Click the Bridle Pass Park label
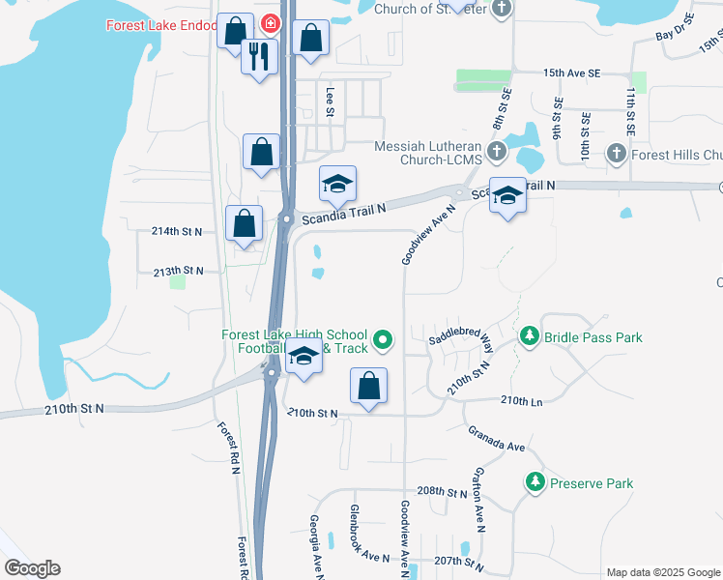(593, 337)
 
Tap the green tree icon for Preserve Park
(535, 481)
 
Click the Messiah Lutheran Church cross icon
(496, 152)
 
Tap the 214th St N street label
(177, 231)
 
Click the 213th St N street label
(178, 272)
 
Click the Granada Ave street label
(496, 440)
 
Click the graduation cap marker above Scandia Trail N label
(338, 184)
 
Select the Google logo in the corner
(32, 568)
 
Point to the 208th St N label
(443, 491)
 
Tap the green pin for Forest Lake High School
(383, 339)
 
